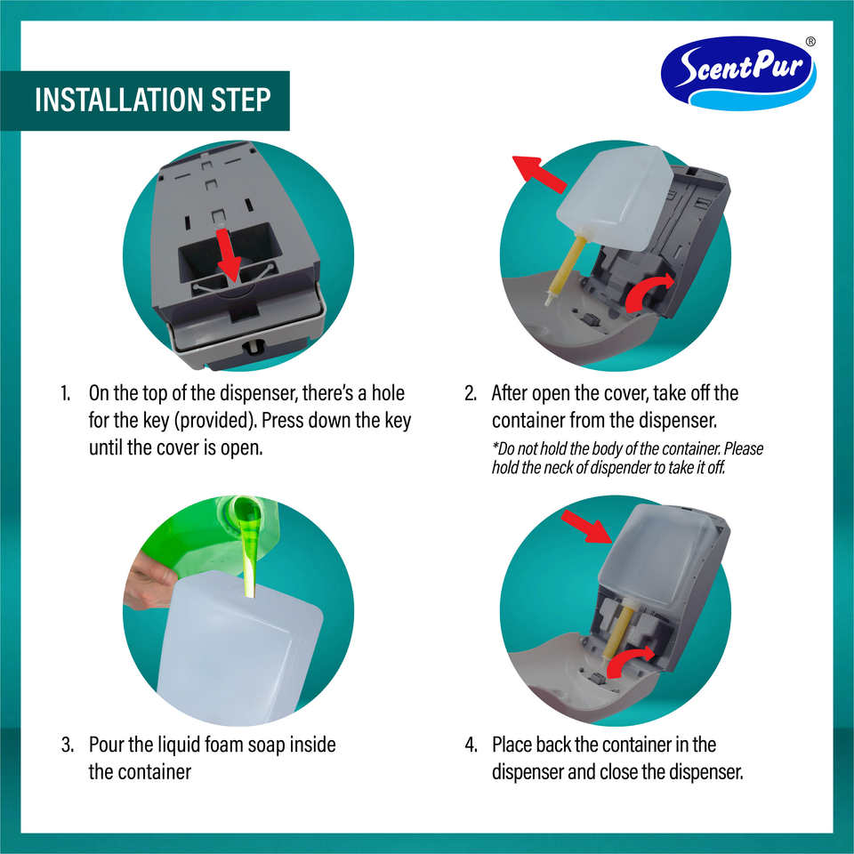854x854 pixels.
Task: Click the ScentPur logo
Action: click(x=738, y=72)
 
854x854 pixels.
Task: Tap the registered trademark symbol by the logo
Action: click(x=810, y=42)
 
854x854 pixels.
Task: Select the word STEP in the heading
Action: click(x=241, y=100)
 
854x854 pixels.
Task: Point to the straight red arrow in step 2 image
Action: click(x=539, y=173)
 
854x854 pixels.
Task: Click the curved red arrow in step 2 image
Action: click(x=649, y=292)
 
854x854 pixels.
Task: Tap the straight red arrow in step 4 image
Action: click(x=587, y=526)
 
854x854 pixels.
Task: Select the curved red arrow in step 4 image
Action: click(x=629, y=661)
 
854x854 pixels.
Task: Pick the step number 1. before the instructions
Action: click(x=65, y=393)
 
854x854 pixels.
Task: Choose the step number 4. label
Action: click(x=471, y=745)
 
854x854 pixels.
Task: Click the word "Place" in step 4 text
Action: click(x=512, y=745)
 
